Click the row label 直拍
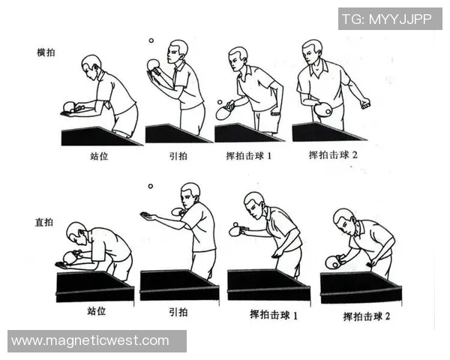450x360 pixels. coord(46,223)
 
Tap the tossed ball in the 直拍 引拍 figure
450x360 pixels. coord(150,185)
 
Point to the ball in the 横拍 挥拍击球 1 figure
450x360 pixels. coord(219,102)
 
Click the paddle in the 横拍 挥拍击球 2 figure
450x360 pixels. coord(323,110)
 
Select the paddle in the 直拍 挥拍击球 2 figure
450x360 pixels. coord(332,262)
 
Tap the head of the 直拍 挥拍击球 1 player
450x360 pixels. coord(255,202)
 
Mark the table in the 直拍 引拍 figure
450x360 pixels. coord(178,283)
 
